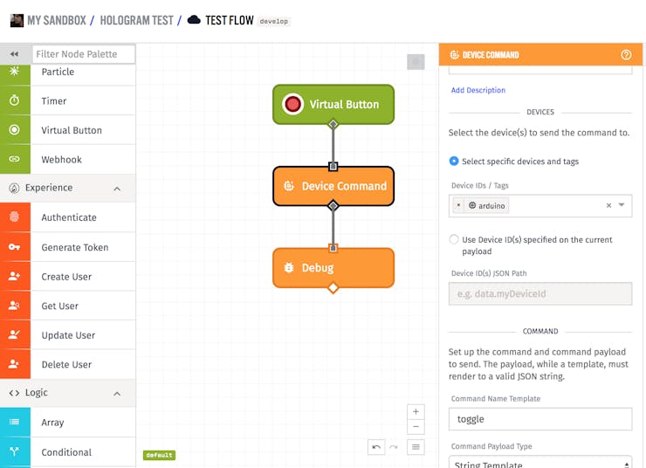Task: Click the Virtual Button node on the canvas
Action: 333,104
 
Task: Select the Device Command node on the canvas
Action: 333,186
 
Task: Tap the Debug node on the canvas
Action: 333,268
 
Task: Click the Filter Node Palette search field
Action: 84,54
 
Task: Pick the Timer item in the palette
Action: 67,100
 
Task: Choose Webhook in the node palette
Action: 67,159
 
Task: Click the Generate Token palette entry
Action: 67,247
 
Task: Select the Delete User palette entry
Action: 67,364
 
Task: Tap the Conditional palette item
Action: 67,452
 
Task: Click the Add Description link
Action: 478,90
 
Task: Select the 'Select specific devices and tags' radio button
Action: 454,161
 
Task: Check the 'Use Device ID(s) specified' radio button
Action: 454,239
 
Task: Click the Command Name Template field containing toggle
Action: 540,419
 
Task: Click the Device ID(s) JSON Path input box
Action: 540,293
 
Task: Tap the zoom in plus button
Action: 416,411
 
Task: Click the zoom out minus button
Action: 416,427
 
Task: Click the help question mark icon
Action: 626,55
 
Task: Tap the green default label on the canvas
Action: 159,455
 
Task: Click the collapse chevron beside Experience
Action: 117,189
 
